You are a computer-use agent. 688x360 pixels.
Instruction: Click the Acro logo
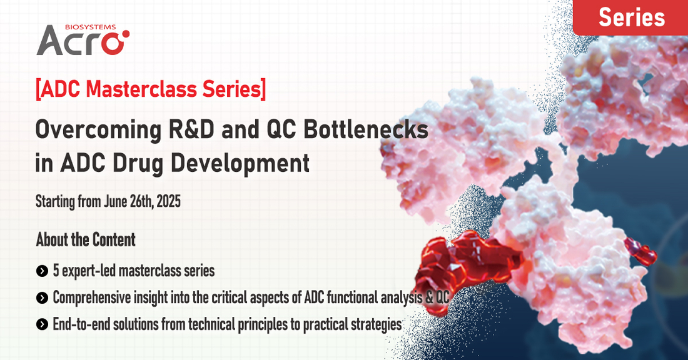point(83,40)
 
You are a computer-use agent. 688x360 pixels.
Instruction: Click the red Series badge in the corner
point(630,17)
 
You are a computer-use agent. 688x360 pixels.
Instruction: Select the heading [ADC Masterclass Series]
point(151,89)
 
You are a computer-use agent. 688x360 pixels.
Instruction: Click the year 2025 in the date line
point(168,201)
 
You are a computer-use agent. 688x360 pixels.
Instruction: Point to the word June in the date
point(116,201)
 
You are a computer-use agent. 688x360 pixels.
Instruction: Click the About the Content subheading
point(86,239)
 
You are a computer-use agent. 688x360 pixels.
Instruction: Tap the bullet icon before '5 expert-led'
point(42,271)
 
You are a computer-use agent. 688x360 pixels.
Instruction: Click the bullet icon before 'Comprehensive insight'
point(42,298)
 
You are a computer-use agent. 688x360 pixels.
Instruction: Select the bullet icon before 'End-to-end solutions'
point(42,325)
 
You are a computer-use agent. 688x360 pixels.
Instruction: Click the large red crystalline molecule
point(467,267)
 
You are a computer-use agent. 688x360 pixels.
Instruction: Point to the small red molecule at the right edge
point(640,252)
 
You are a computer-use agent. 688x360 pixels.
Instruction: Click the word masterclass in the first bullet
point(146,271)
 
